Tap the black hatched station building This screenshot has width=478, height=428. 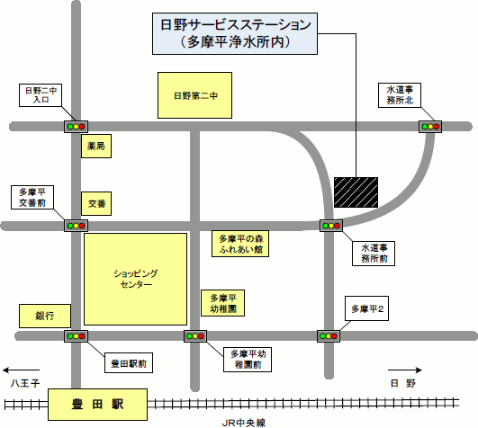pos(356,191)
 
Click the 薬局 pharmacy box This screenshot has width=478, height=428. pos(95,145)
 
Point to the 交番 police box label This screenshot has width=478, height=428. pos(95,205)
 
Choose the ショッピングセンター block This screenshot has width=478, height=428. pos(135,279)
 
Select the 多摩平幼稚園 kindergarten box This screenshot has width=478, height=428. pos(221,303)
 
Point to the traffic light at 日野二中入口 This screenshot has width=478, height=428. pos(74,127)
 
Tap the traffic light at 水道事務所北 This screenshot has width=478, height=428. pos(430,127)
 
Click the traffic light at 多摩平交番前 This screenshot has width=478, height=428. pos(74,225)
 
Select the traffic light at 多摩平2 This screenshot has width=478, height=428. pos(328,335)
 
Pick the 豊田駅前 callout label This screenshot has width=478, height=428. pos(129,364)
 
